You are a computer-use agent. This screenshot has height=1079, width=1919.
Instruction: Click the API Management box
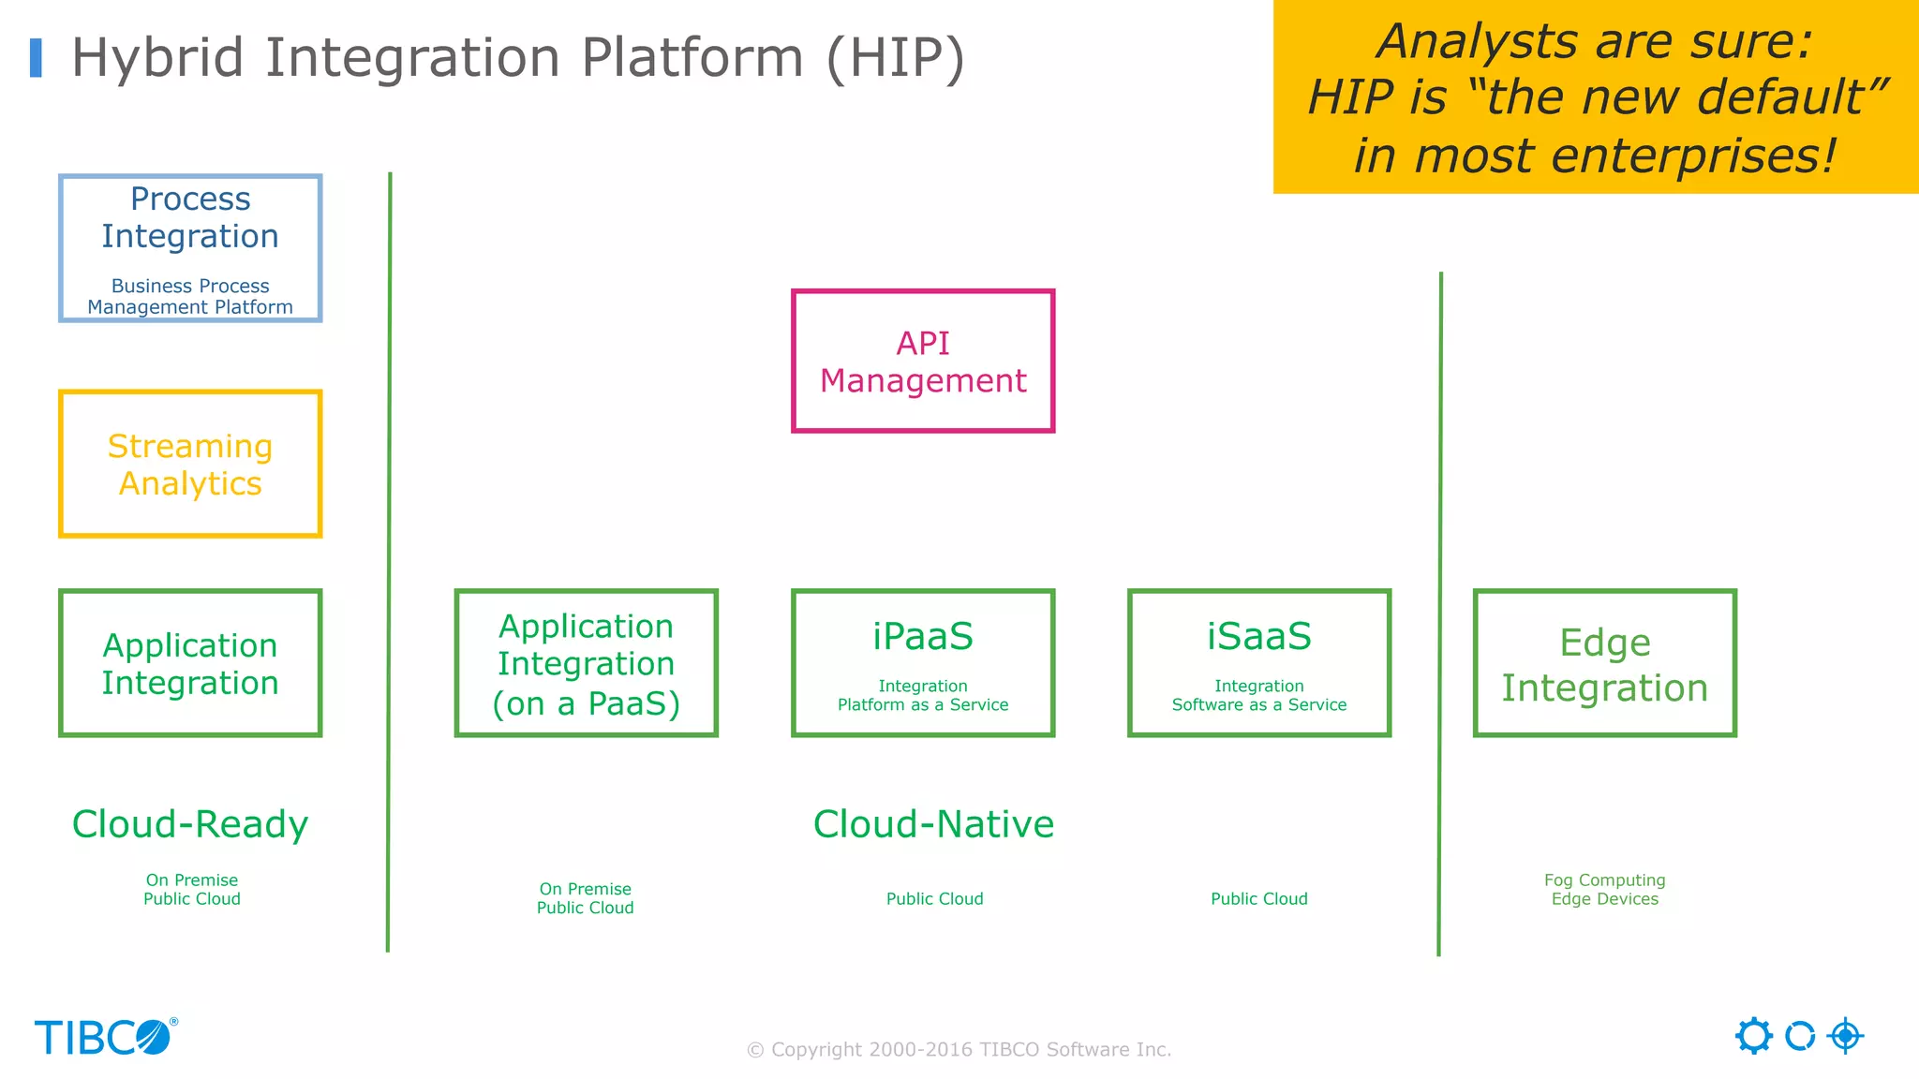923,362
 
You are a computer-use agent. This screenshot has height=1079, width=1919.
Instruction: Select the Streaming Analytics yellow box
190,465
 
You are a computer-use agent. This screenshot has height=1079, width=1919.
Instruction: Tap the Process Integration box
190,248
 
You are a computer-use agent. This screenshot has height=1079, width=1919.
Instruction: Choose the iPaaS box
923,663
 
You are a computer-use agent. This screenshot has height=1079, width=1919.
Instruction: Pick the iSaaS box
1258,663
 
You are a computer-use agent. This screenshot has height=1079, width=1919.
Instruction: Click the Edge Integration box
1604,663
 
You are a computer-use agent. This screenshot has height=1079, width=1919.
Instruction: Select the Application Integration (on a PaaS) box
586,663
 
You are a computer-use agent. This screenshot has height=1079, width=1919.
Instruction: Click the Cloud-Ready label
190,824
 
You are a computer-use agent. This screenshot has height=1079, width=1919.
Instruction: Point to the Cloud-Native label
933,824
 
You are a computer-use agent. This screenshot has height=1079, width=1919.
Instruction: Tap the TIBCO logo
105,1038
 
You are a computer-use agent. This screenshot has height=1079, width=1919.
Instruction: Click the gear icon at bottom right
1753,1036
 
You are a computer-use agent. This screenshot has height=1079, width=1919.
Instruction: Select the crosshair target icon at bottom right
1845,1036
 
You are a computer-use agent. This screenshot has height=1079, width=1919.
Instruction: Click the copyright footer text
959,1050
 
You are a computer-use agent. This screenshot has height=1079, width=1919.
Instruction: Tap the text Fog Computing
1604,880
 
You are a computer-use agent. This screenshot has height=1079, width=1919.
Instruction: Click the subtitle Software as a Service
1258,705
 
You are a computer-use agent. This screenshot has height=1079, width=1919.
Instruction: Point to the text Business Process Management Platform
190,297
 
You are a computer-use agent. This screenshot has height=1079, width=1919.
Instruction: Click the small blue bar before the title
37,58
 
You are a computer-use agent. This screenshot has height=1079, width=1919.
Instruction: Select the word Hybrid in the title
158,58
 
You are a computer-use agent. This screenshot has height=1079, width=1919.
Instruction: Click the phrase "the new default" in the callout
1677,97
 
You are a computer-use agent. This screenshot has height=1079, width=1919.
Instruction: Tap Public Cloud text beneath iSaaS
1258,899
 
